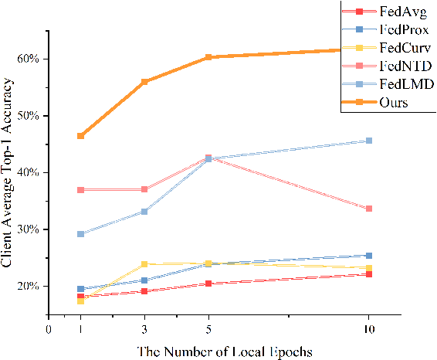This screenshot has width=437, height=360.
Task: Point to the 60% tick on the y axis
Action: (x=29, y=59)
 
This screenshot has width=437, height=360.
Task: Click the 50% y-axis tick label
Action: (x=29, y=116)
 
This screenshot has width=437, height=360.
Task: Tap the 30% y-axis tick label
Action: (x=29, y=229)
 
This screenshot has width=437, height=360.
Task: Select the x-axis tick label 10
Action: (x=368, y=328)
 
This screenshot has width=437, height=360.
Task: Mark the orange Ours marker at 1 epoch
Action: (x=80, y=136)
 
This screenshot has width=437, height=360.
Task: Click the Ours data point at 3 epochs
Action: (x=144, y=81)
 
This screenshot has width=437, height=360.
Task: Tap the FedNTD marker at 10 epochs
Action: (x=369, y=209)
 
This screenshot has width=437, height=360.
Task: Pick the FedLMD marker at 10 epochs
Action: (x=369, y=141)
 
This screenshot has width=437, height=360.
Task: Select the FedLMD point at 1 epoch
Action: (x=80, y=234)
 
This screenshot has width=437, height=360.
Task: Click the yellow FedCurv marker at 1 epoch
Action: (x=80, y=301)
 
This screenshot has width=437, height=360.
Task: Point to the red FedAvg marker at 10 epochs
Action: (x=369, y=274)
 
